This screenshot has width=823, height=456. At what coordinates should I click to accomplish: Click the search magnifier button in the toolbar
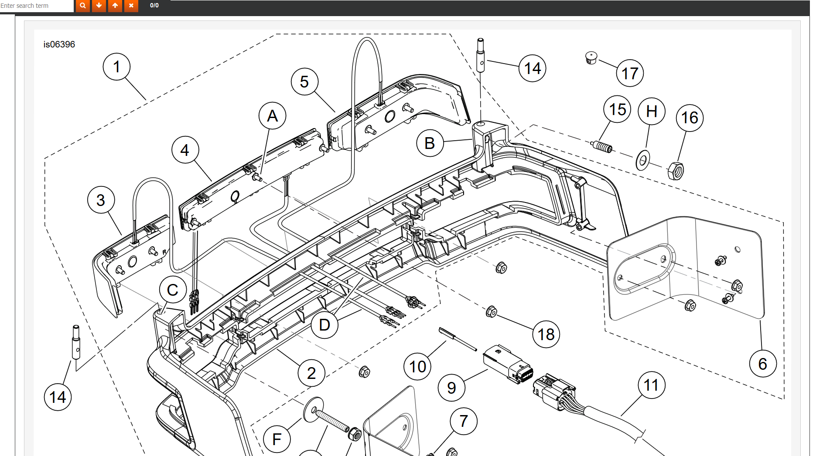(x=82, y=6)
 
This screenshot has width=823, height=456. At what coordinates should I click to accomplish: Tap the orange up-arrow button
(x=115, y=6)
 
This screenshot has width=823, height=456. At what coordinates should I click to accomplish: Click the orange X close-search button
(x=131, y=6)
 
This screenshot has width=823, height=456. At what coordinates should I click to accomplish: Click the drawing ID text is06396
(x=59, y=44)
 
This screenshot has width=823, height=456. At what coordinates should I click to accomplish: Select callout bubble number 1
(x=116, y=67)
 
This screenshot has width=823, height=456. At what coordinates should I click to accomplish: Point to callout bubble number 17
(x=630, y=73)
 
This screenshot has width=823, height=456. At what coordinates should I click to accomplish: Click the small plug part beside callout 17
(x=591, y=57)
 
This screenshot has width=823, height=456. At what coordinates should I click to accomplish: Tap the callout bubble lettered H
(x=651, y=111)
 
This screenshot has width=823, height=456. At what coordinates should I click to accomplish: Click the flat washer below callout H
(x=642, y=161)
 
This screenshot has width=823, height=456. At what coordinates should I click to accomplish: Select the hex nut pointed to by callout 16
(x=676, y=171)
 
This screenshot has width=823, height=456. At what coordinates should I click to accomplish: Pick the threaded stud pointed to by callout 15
(x=602, y=147)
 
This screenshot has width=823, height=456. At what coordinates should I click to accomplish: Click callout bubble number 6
(x=762, y=364)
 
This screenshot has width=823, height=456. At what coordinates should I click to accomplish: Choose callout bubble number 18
(x=546, y=334)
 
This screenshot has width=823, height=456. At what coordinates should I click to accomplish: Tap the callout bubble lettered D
(x=324, y=325)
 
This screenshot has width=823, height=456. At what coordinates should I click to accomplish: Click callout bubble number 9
(x=451, y=388)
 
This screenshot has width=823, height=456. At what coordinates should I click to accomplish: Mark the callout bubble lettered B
(x=430, y=143)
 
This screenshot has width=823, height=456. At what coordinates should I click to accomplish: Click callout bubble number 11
(x=651, y=385)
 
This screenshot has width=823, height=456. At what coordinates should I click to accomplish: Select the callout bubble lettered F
(x=277, y=439)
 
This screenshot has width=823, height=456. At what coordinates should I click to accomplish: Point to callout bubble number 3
(x=101, y=200)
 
